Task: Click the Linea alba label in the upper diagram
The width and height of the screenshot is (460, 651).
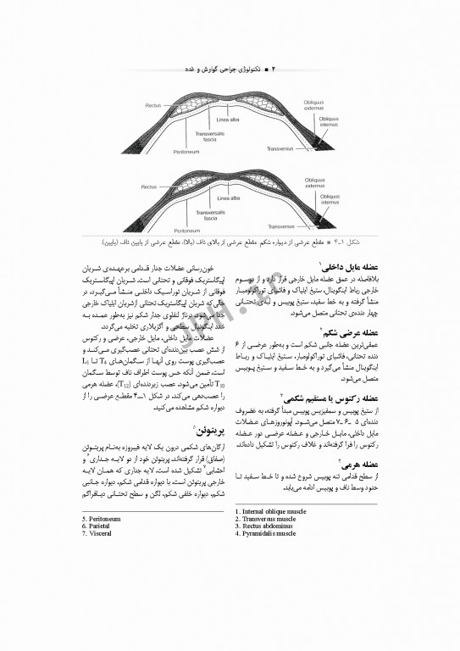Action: pyautogui.click(x=229, y=120)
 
